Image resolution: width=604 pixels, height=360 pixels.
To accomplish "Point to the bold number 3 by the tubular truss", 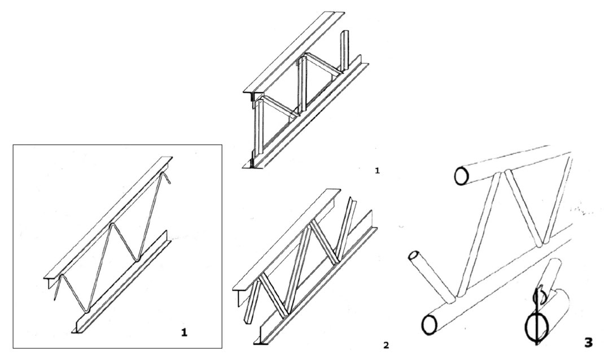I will [x=588, y=343].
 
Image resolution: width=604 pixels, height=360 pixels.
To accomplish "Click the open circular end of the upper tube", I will [x=461, y=176].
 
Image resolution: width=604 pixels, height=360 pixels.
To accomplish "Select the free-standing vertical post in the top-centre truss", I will [x=342, y=48].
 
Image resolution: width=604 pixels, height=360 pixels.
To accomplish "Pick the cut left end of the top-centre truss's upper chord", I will [x=249, y=94].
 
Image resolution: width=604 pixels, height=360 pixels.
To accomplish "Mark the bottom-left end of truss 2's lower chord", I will [x=259, y=341].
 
